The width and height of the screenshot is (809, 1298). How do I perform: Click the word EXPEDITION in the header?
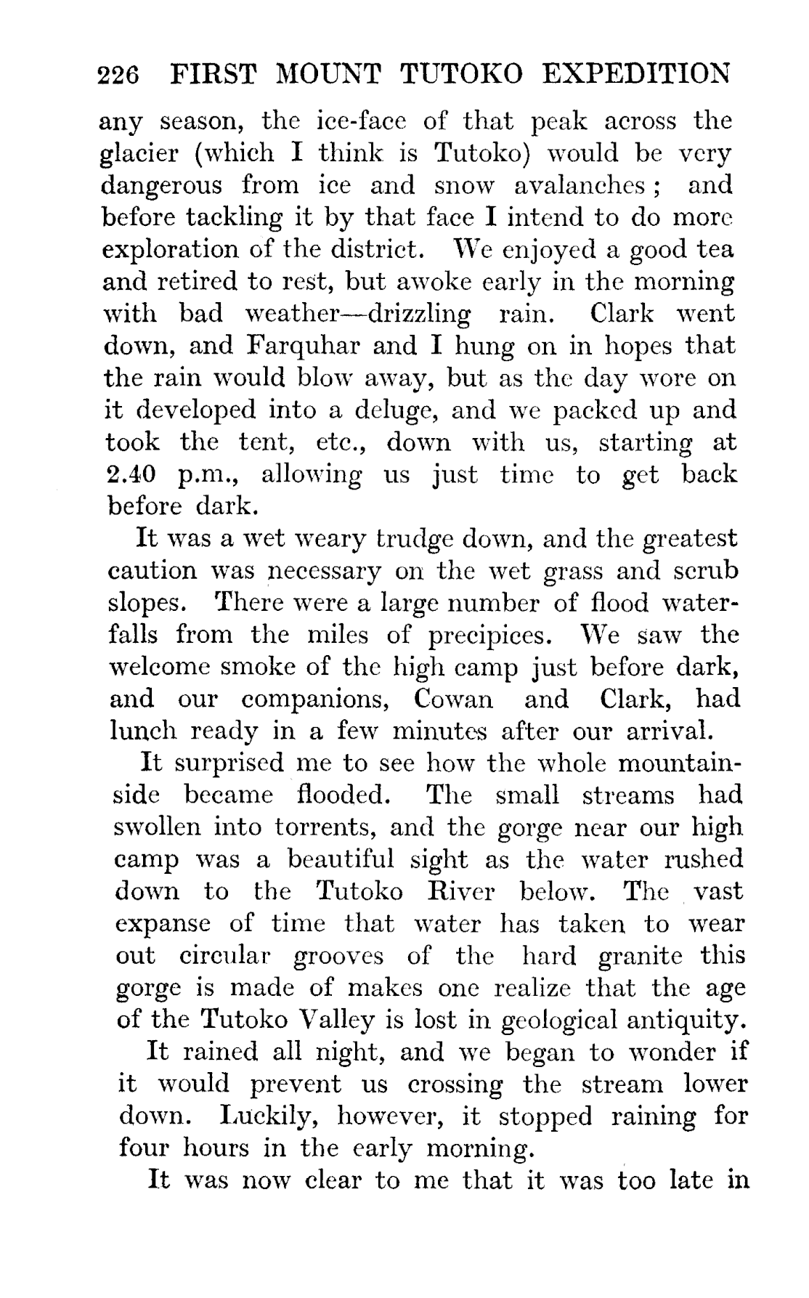pyautogui.click(x=637, y=74)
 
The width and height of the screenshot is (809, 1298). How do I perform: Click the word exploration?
pyautogui.click(x=168, y=251)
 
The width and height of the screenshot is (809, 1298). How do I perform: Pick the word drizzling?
pyautogui.click(x=417, y=315)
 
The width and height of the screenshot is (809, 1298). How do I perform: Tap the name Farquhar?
pyautogui.click(x=303, y=346)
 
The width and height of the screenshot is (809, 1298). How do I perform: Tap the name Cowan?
pyautogui.click(x=452, y=699)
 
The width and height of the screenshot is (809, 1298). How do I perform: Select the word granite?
pyautogui.click(x=641, y=956)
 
